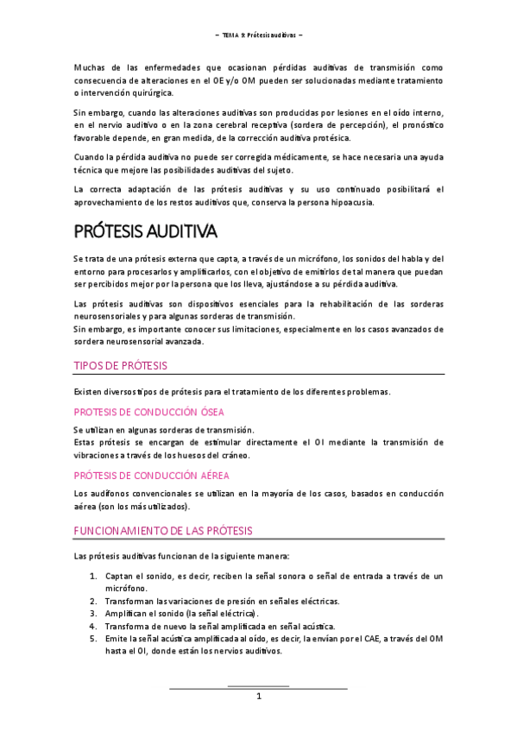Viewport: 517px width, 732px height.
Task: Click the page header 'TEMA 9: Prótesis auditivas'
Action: [x=258, y=35]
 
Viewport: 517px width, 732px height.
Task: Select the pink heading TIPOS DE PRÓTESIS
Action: [x=121, y=365]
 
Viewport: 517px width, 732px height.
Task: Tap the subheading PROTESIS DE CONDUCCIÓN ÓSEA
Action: [x=148, y=412]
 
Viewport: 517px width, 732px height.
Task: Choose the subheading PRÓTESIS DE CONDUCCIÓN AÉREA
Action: [x=150, y=475]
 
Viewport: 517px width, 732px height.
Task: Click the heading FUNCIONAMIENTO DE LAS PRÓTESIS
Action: [x=163, y=529]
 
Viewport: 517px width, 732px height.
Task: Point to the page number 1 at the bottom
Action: [x=258, y=697]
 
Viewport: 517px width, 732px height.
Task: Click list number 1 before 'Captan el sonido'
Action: [x=92, y=576]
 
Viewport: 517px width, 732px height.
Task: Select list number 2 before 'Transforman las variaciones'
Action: [x=92, y=601]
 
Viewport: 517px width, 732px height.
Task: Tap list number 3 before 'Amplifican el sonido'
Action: [x=92, y=614]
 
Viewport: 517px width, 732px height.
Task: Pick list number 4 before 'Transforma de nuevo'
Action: [x=92, y=627]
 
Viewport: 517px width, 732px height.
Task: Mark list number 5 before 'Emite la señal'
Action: [x=92, y=640]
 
